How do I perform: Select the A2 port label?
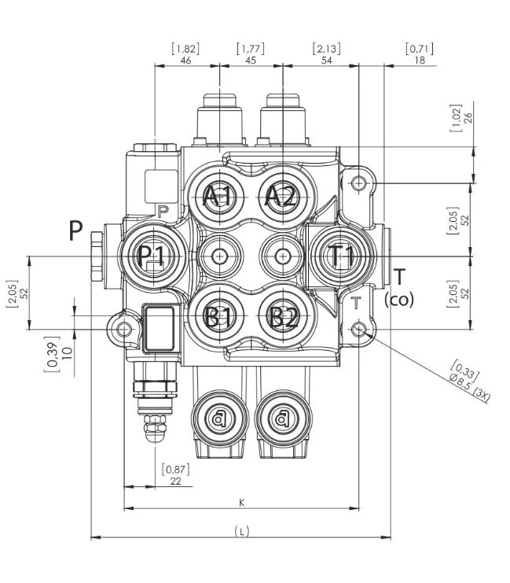pos(280,196)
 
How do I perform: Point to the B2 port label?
pos(281,317)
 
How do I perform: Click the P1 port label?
pos(151,256)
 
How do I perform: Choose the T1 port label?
pos(343,256)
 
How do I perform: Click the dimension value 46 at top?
pos(186,60)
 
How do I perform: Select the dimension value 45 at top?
pos(250,60)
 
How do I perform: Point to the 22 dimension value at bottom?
pos(175,481)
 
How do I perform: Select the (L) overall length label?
pos(242,532)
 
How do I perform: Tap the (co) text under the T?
pos(400,300)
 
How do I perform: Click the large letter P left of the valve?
pos(75,231)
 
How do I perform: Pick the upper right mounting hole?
pos(359,183)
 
